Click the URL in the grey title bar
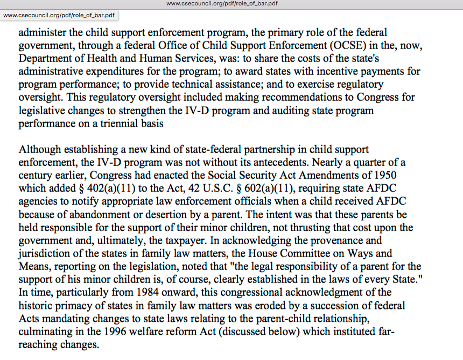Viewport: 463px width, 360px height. coord(222,4)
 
